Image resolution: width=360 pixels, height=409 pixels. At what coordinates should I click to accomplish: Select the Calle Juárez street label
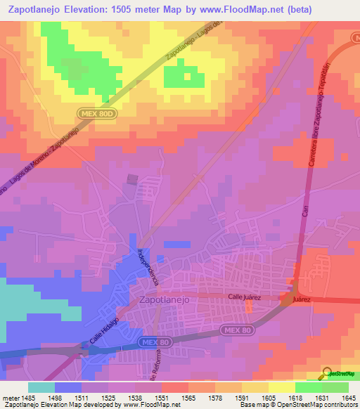[245, 297]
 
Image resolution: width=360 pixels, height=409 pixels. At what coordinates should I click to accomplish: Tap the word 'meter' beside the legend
[11, 398]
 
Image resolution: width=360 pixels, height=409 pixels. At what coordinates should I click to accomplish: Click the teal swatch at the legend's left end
[41, 387]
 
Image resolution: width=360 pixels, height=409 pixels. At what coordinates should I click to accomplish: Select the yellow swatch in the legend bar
[281, 387]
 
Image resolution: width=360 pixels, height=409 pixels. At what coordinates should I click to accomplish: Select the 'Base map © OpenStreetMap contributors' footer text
[297, 405]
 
